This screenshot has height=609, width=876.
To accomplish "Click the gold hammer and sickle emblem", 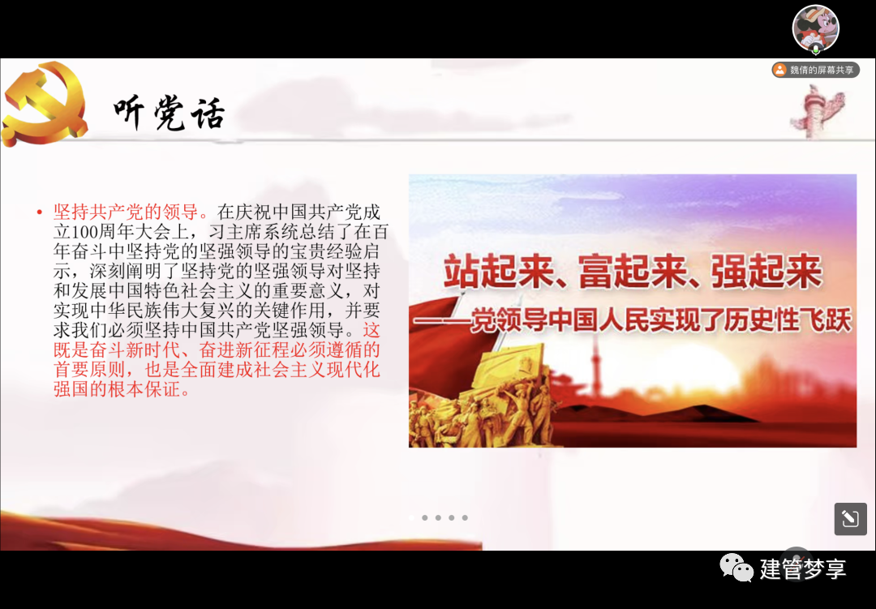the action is (44, 104).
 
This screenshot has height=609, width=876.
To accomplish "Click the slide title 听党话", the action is (170, 114).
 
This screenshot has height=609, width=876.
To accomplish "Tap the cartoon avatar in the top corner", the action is (816, 28).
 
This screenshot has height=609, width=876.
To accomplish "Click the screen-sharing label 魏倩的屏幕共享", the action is (822, 70).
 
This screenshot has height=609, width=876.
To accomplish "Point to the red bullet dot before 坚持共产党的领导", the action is (39, 212).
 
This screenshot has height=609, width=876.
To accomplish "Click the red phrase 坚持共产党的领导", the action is (126, 212).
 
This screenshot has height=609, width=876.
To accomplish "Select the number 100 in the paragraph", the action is (87, 232).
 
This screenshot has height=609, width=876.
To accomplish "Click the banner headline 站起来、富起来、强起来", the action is (633, 272).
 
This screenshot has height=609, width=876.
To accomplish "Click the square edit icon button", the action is (850, 518).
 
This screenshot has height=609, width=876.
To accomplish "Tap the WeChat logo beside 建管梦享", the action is (736, 568).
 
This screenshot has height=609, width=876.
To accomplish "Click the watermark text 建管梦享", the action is (803, 569).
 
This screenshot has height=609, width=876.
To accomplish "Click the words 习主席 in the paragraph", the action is (236, 232).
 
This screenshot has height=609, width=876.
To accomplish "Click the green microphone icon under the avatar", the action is (816, 49).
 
